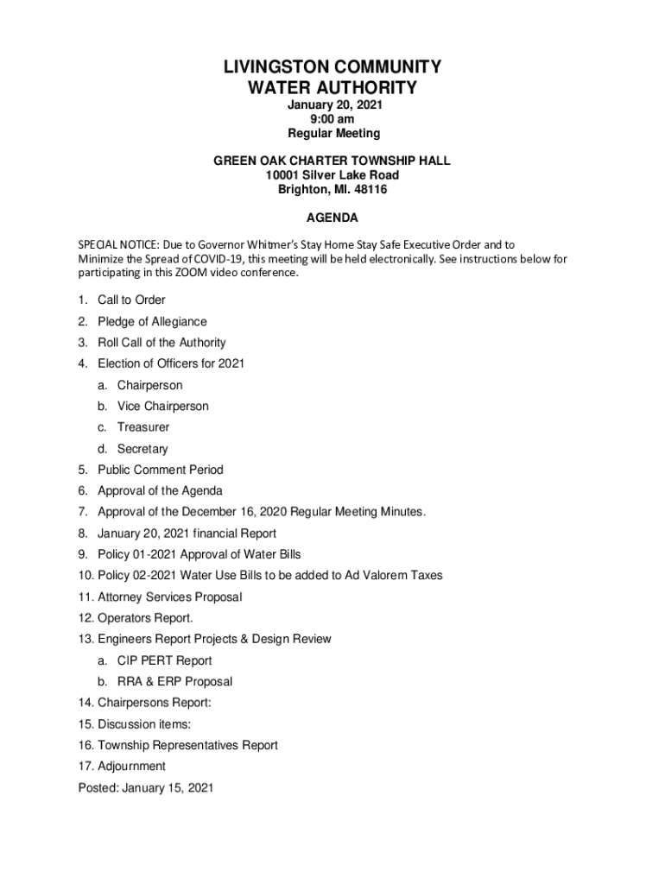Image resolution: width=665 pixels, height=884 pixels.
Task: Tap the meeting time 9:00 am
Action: [332, 119]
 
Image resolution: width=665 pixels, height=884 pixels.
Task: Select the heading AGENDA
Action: [332, 218]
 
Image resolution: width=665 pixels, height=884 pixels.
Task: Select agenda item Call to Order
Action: [131, 300]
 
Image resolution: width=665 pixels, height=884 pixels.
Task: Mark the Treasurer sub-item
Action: [143, 427]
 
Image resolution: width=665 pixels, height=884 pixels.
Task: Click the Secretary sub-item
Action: [142, 449]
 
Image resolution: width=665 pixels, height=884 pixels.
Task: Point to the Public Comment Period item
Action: [160, 470]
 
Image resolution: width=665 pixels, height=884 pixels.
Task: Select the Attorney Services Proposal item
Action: [169, 597]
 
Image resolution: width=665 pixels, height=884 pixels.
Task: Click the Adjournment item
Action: [131, 766]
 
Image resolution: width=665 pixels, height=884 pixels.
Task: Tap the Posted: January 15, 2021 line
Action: [145, 787]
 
